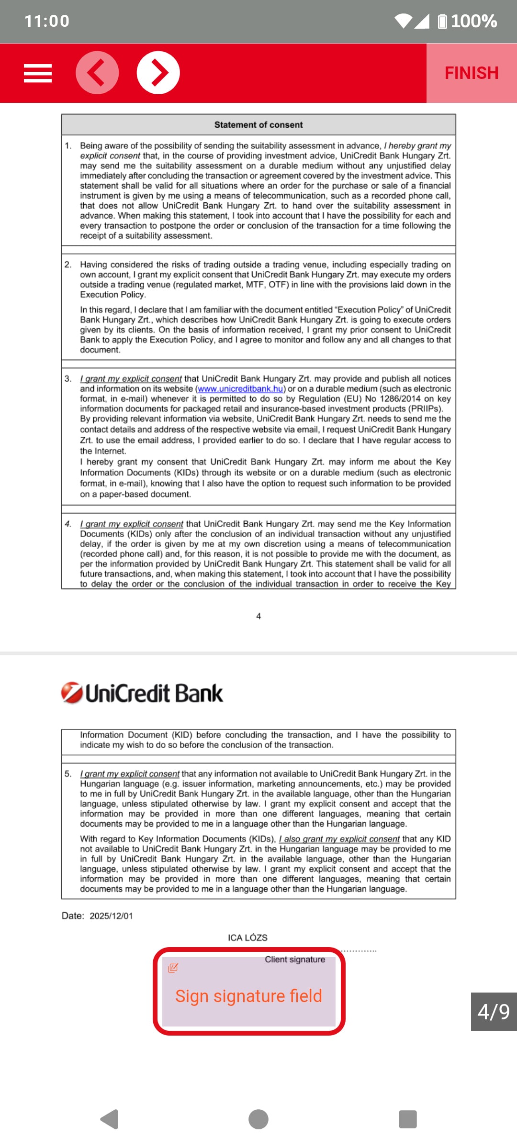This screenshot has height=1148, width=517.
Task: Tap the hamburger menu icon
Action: (x=38, y=73)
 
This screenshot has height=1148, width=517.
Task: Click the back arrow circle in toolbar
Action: (x=97, y=73)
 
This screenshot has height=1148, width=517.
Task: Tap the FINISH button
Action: (x=472, y=73)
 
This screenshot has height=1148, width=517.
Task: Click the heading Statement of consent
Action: (x=258, y=125)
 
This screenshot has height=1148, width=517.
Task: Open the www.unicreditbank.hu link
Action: (x=240, y=389)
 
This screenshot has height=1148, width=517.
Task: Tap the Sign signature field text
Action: (x=248, y=996)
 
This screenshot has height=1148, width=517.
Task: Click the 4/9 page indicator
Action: (x=494, y=1011)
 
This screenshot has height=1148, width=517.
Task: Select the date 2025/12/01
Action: (x=111, y=916)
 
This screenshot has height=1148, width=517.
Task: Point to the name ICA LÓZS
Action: (x=247, y=938)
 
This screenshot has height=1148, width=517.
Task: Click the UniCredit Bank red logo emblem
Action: (x=72, y=693)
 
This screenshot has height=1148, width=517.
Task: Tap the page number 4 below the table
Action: (x=258, y=616)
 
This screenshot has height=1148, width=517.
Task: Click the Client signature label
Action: (x=295, y=960)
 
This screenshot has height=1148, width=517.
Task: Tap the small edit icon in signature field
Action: (x=173, y=968)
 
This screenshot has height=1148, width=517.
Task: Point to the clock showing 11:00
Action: (x=47, y=21)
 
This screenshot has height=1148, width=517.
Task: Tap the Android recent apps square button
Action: (x=408, y=1119)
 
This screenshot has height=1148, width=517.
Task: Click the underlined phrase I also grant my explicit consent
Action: (x=339, y=839)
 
